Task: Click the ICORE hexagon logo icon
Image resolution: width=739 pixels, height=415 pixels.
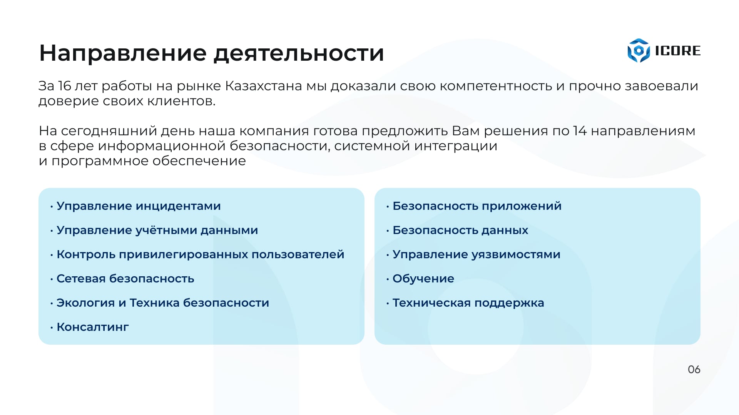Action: (x=639, y=50)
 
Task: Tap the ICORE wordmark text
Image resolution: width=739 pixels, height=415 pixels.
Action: (x=678, y=51)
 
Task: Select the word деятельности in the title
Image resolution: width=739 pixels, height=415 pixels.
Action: (x=299, y=53)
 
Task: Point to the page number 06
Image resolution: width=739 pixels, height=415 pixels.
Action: (x=694, y=370)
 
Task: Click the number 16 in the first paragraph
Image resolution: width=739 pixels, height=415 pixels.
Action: (x=65, y=86)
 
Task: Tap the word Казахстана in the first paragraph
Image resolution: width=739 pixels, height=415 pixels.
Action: (x=264, y=86)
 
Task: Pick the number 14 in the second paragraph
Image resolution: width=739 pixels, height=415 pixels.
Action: (x=580, y=131)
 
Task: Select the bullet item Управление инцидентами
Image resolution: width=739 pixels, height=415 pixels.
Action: (x=139, y=206)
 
